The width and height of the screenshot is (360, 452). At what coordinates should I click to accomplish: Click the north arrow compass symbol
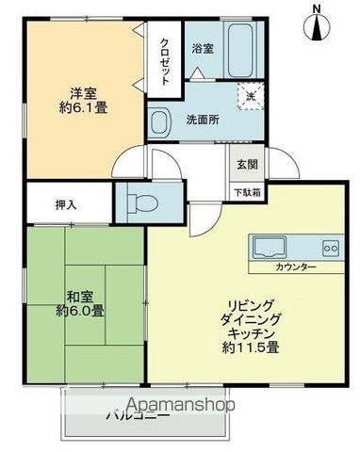pyautogui.click(x=317, y=23)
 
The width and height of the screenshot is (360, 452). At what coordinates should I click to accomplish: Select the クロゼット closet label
pyautogui.click(x=165, y=61)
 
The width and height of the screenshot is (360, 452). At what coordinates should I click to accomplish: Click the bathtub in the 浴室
pyautogui.click(x=239, y=51)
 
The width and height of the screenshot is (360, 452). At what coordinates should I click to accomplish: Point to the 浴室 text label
pyautogui.click(x=202, y=47)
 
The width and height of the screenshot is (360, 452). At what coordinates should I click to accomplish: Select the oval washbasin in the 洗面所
pyautogui.click(x=159, y=121)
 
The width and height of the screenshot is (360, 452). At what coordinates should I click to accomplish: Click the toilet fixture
pyautogui.click(x=140, y=200)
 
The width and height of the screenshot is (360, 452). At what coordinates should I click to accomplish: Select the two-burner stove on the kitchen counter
pyautogui.click(x=330, y=248)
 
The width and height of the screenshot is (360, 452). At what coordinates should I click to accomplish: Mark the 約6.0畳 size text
pyautogui.click(x=78, y=310)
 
